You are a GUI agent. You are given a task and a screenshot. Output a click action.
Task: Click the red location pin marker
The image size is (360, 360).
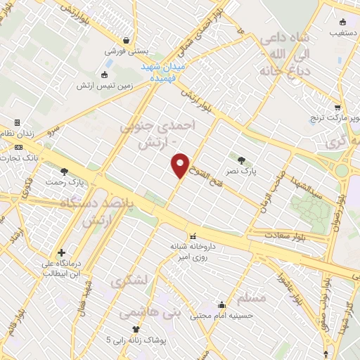181,165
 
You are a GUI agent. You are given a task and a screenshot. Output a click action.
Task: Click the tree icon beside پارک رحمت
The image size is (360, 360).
64,172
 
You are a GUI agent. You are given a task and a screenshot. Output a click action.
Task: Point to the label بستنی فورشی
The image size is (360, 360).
127,51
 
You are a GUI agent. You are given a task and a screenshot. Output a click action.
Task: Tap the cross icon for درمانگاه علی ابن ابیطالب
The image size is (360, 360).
62,252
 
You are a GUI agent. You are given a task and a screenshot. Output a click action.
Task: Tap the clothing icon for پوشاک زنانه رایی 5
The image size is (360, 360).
136,329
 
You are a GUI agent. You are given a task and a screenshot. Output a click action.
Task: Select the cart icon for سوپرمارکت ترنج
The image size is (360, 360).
338,108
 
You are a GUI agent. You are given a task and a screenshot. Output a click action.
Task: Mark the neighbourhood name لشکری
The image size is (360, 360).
130,280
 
